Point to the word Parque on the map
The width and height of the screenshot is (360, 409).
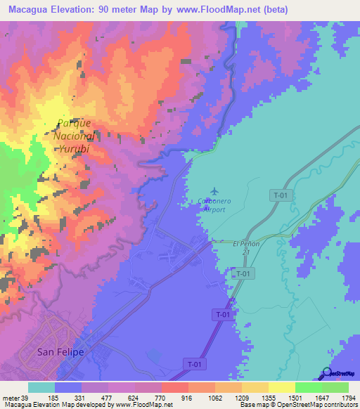(75, 123)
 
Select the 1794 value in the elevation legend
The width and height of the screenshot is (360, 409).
(348, 398)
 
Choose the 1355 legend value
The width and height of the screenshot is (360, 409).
(268, 398)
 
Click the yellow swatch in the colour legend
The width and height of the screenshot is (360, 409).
(281, 387)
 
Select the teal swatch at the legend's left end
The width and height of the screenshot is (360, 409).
(41, 387)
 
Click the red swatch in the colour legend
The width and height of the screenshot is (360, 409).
(174, 387)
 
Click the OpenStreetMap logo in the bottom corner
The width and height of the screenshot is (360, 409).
(339, 373)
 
